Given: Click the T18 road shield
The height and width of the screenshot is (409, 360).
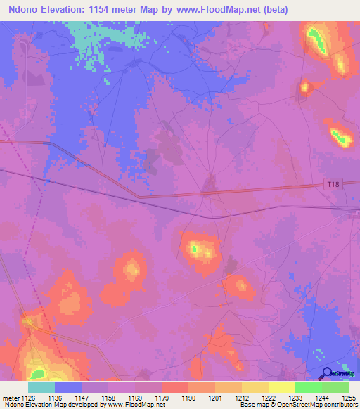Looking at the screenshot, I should (333, 183).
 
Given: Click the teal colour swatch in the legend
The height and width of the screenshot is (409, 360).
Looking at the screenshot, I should (41, 387).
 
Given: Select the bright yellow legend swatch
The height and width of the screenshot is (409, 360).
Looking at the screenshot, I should (281, 387).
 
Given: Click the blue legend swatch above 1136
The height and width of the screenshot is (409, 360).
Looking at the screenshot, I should (68, 387).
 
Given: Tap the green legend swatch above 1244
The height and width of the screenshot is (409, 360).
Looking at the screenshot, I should (308, 387).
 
